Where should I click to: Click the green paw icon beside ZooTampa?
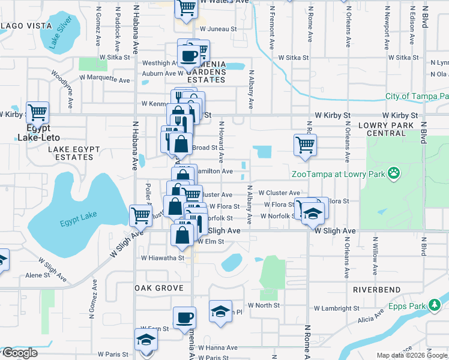point(393,174)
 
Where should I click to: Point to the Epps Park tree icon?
point(435,306)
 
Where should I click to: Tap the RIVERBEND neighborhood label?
point(376,289)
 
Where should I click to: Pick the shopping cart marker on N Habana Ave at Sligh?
point(140,215)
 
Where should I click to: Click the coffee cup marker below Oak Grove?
point(184,317)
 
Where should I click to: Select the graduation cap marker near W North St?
point(220,311)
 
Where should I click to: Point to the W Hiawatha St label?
point(162,258)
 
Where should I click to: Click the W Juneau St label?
point(218,28)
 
